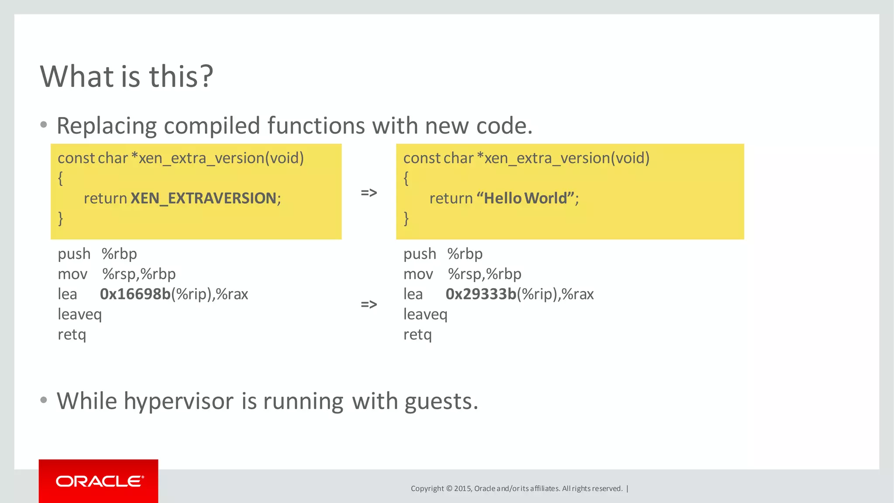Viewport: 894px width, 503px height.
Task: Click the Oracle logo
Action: point(99,481)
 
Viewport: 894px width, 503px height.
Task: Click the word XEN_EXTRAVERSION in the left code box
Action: point(203,198)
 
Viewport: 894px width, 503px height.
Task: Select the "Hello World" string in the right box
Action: point(525,198)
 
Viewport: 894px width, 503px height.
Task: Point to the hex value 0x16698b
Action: point(135,294)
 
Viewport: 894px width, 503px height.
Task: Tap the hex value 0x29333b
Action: point(481,294)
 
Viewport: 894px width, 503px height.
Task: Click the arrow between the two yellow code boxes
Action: point(369,193)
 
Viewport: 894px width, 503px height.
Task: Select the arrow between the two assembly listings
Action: point(369,304)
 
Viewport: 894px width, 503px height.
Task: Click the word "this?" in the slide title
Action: point(181,76)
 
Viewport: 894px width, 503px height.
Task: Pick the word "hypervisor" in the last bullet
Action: point(179,401)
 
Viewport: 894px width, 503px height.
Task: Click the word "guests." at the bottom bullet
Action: point(441,401)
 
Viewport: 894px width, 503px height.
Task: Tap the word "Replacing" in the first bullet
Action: point(107,126)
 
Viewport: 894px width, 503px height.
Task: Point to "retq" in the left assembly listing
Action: point(72,335)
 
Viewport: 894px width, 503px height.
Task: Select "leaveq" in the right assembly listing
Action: point(425,314)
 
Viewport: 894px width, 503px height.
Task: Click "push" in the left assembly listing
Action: point(74,254)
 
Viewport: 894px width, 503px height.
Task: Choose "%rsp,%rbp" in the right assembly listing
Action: point(485,274)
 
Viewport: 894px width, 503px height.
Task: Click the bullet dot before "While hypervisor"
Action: point(43,400)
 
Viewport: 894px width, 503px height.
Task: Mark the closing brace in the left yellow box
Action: point(61,218)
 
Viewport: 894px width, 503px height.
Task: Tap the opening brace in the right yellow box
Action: point(406,178)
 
